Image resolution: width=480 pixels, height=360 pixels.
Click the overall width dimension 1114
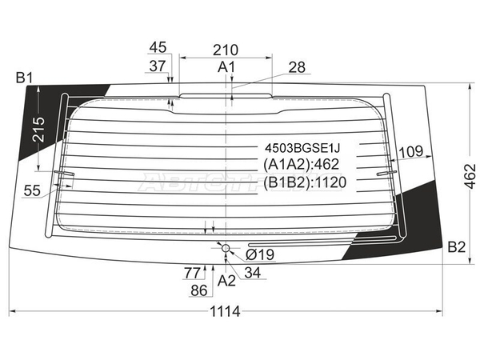225,312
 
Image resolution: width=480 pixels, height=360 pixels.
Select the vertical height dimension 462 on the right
470,176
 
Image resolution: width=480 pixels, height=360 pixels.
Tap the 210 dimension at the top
226,50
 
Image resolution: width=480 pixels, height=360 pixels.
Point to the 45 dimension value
158,47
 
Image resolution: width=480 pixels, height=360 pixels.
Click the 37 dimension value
158,66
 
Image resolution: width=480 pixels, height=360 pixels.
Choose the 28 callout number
297,67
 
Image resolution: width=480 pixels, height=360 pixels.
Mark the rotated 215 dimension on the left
38,129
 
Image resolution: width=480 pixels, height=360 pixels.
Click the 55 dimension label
32,190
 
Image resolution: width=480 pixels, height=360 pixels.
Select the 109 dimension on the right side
411,151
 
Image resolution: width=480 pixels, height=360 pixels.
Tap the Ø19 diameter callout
260,254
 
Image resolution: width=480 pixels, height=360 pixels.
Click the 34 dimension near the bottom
253,273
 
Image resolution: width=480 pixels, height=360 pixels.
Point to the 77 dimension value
192,273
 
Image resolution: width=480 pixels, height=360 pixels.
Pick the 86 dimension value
199,290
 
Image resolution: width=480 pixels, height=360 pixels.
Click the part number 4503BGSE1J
302,149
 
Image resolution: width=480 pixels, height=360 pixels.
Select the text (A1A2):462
302,164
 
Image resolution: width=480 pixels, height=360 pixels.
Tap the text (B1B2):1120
305,182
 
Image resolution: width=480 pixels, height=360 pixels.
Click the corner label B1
24,78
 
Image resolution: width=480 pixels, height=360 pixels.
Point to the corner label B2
457,246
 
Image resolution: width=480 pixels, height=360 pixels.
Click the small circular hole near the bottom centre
226,248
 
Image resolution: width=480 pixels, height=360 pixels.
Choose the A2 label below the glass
226,281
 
